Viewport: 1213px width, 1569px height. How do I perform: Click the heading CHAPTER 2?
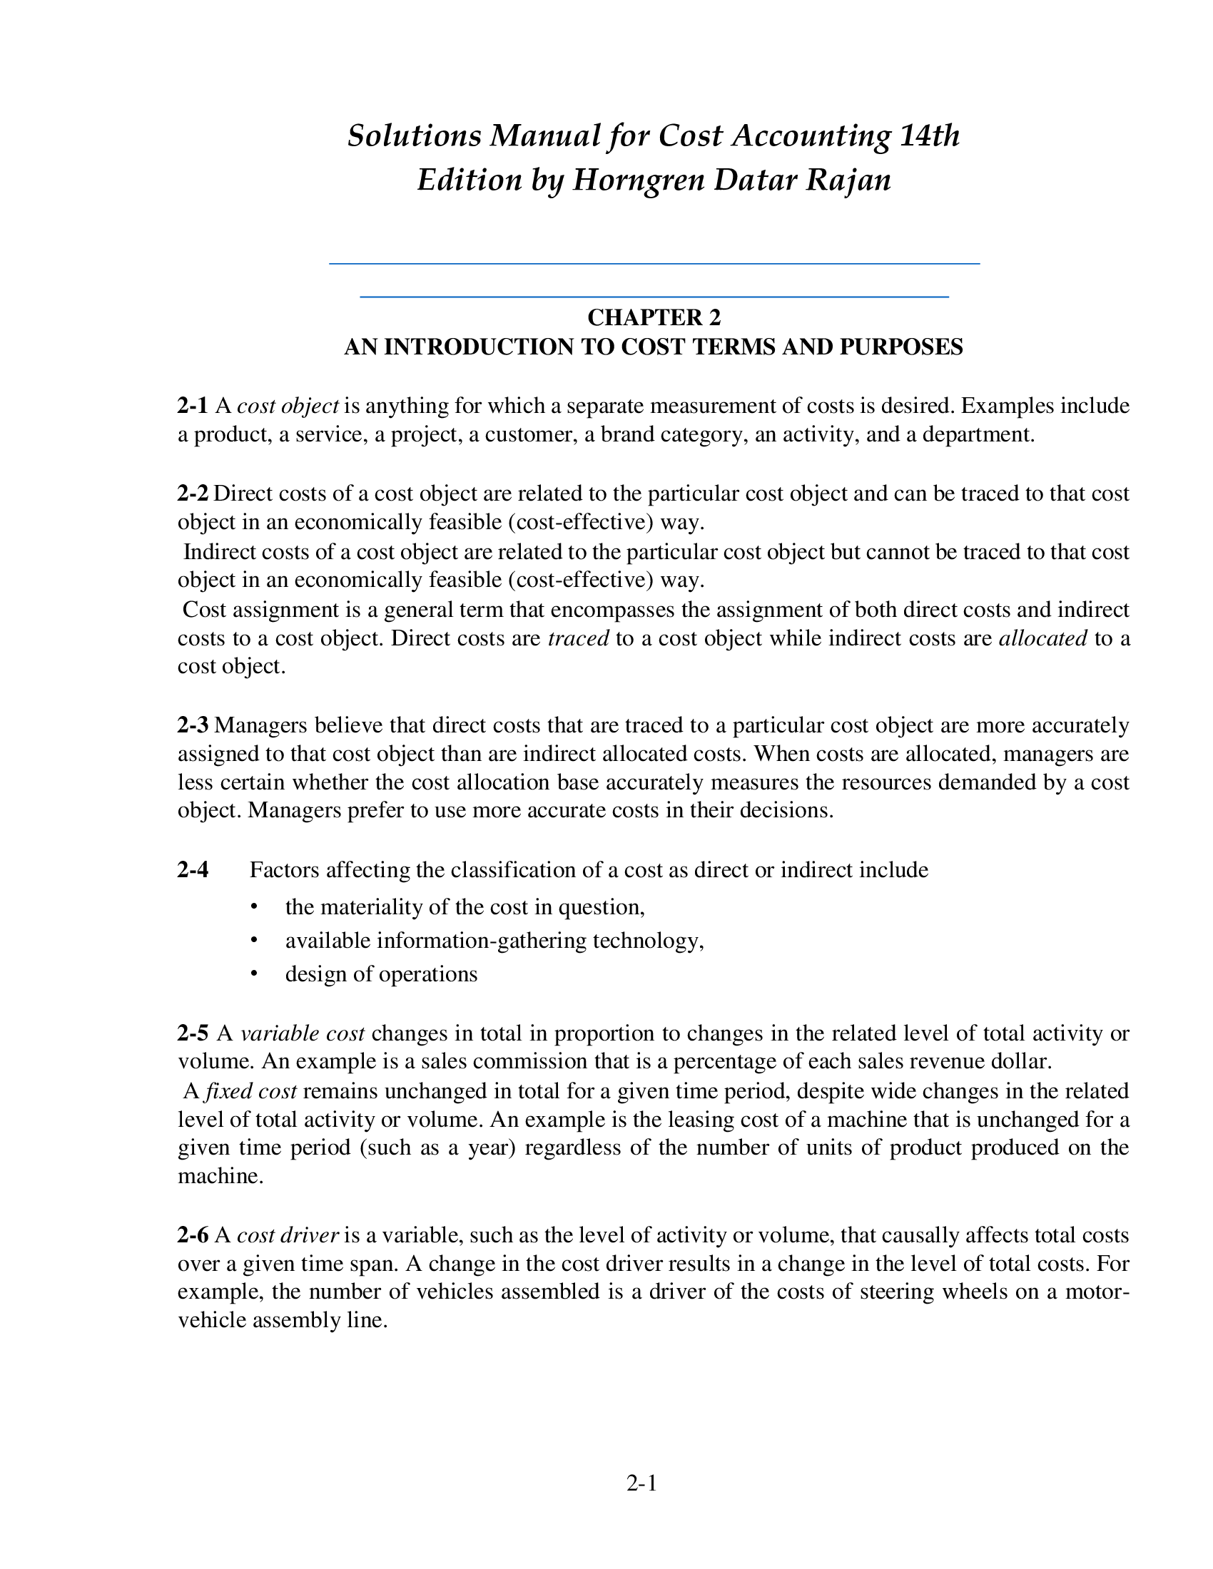tap(653, 317)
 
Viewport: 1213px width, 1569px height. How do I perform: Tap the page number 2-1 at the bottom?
tap(641, 1483)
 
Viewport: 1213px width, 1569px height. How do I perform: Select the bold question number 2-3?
tap(193, 725)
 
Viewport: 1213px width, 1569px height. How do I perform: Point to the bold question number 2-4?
tap(193, 870)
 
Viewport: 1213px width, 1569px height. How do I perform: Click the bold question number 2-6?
tap(193, 1235)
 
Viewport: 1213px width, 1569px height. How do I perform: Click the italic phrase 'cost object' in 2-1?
tap(288, 406)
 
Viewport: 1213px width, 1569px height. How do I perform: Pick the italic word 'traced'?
tap(578, 638)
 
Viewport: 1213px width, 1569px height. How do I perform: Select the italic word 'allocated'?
tap(1042, 638)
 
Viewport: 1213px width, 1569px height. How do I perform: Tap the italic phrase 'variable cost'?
tap(303, 1033)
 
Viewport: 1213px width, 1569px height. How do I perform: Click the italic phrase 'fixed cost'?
tap(250, 1091)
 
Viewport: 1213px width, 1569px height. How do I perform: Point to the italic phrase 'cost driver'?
tap(288, 1235)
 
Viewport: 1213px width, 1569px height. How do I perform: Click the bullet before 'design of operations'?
tap(253, 974)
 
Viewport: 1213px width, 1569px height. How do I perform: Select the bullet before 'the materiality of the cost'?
tap(253, 907)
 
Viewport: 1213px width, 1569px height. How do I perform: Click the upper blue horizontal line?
tap(654, 264)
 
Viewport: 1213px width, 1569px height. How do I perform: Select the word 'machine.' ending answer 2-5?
tap(220, 1176)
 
